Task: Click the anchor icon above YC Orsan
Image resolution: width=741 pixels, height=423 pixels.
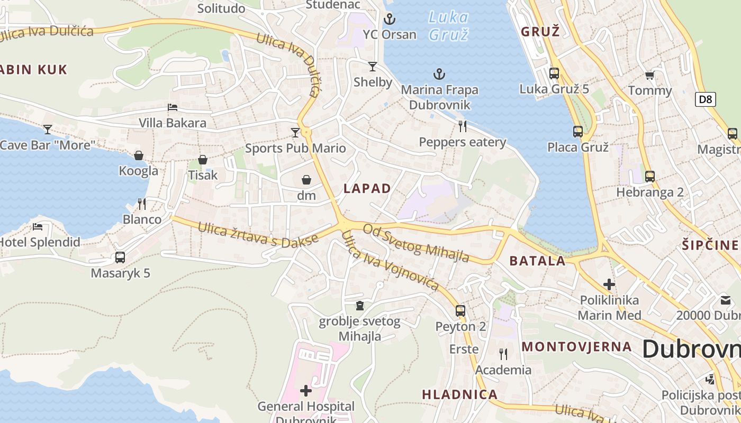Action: (x=390, y=20)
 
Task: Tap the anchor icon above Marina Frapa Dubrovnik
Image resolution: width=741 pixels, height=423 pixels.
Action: (x=439, y=75)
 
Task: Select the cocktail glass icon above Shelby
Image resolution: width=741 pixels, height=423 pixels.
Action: (x=373, y=67)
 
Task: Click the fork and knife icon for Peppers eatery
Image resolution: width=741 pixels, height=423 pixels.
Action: (x=463, y=126)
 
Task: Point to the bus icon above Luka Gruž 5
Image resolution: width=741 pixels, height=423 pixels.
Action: (x=554, y=73)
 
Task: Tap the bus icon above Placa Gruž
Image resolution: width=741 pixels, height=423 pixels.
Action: (x=578, y=132)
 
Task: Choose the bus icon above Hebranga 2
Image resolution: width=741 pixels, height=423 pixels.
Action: (x=650, y=177)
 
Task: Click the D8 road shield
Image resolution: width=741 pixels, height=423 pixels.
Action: (x=706, y=99)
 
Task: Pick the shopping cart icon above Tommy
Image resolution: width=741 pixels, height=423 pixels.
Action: (x=649, y=76)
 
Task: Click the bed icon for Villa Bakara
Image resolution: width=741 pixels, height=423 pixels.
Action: (x=173, y=107)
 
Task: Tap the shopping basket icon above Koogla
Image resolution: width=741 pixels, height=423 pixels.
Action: (x=139, y=155)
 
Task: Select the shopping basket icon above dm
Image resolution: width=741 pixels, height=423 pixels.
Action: (x=306, y=180)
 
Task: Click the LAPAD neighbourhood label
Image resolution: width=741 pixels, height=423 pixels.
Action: (x=367, y=188)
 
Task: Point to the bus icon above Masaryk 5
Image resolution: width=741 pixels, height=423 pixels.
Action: (x=120, y=258)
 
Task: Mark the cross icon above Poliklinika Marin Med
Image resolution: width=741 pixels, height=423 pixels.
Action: (x=609, y=284)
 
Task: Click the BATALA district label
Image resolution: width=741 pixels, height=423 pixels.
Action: (x=537, y=261)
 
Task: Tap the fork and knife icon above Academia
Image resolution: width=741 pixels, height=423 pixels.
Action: (x=503, y=354)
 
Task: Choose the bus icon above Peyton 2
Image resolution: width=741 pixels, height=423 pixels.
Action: (x=460, y=311)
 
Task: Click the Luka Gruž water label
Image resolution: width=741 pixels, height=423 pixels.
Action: (x=448, y=25)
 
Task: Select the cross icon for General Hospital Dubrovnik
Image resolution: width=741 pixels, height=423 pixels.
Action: (x=306, y=391)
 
